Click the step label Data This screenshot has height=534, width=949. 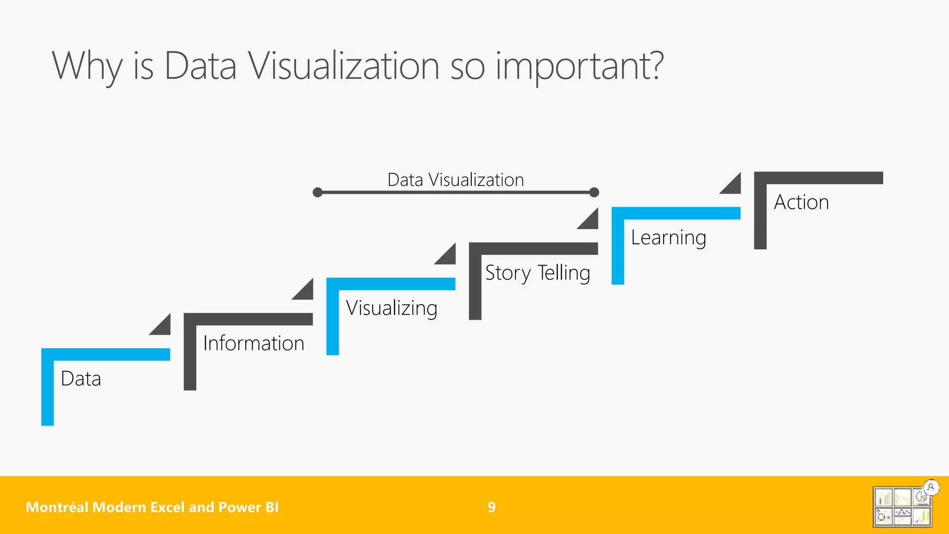click(x=81, y=379)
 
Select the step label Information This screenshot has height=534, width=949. click(x=253, y=343)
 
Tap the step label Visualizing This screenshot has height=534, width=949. click(x=392, y=308)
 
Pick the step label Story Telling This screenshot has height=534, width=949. click(x=538, y=273)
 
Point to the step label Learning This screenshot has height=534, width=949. click(x=668, y=238)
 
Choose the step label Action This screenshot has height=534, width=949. click(x=801, y=203)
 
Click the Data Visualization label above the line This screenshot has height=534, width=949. click(x=456, y=180)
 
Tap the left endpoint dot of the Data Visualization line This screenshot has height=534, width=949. click(x=317, y=192)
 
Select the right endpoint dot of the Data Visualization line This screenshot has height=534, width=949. click(x=594, y=192)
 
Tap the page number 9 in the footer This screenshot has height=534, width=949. click(x=492, y=507)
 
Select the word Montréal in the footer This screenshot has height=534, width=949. click(x=57, y=507)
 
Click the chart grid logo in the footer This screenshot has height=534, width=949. click(x=902, y=507)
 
